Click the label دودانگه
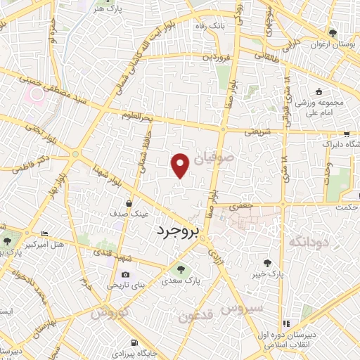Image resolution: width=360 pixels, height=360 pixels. [307, 242]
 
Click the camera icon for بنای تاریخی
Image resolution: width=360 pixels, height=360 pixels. [125, 274]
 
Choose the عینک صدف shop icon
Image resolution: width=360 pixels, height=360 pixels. [127, 203]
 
